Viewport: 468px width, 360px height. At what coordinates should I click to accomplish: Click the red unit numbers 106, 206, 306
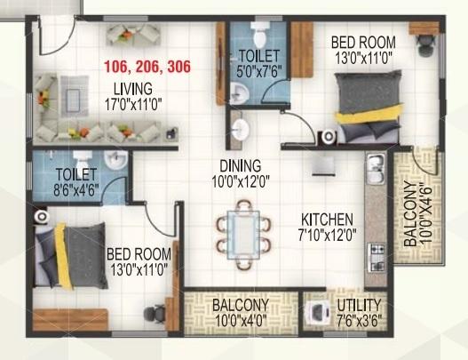click(147, 67)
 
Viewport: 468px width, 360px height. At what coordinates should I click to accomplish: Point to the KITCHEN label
click(327, 220)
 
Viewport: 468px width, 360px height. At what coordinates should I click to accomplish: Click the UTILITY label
click(360, 306)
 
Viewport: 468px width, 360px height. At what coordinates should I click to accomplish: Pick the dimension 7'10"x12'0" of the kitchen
click(327, 236)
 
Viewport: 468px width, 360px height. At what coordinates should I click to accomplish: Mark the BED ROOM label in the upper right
click(363, 41)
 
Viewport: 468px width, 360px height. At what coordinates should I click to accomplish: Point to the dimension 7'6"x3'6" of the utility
click(360, 321)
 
